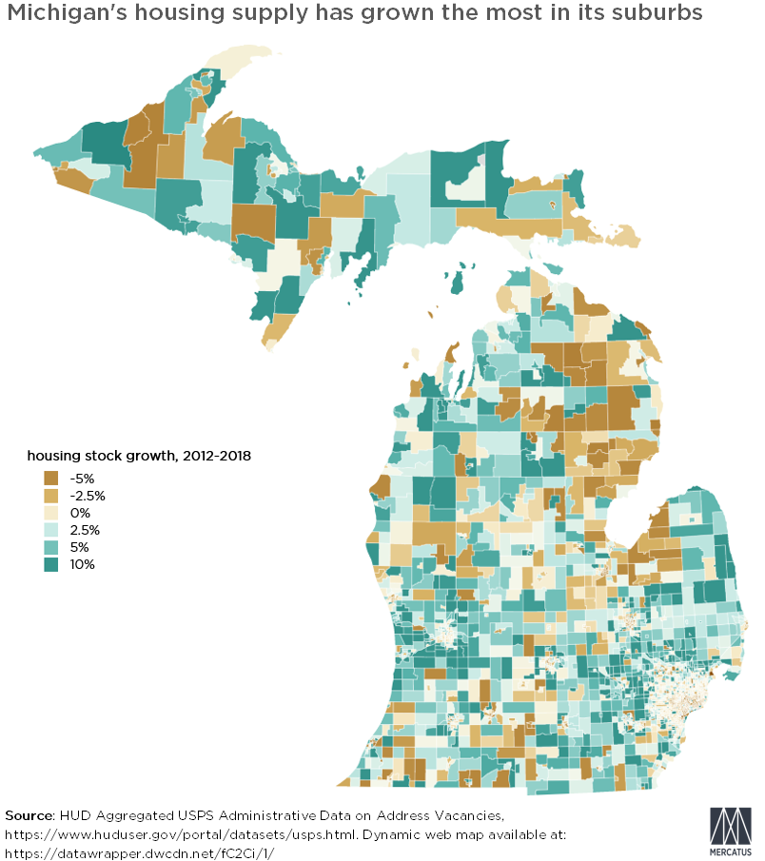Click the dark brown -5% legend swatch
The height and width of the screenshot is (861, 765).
click(51, 478)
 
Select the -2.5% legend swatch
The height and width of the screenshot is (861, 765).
click(51, 495)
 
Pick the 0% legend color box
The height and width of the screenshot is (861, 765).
click(51, 512)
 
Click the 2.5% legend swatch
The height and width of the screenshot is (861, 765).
click(51, 529)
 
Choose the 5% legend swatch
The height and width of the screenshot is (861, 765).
click(51, 547)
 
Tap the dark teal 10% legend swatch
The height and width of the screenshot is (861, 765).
click(51, 564)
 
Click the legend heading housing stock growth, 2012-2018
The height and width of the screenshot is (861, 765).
click(138, 456)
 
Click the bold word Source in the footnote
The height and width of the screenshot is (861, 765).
click(29, 815)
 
